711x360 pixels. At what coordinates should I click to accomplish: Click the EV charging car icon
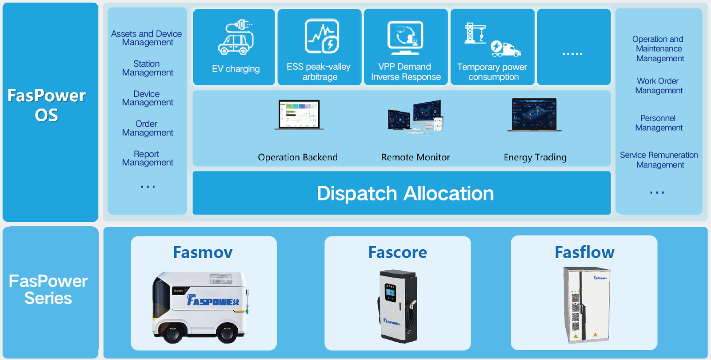236,38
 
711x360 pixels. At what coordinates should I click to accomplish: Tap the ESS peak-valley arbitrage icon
322,36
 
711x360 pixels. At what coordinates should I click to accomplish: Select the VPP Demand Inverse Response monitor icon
405,37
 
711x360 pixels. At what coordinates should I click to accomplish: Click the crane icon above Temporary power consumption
475,33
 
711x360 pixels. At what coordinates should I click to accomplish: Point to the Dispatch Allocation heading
405,193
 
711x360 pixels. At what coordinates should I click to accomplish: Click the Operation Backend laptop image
299,115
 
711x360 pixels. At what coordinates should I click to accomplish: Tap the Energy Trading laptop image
534,115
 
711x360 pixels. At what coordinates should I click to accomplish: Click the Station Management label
148,68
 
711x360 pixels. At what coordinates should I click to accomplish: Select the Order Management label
148,128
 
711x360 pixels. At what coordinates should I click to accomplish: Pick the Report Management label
148,158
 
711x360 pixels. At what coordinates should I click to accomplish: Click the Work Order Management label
659,86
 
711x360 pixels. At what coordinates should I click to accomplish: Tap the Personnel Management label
659,123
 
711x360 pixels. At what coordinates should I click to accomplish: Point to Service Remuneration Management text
659,160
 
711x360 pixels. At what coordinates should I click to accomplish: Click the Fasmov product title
203,252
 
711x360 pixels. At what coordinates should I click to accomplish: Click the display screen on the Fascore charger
390,293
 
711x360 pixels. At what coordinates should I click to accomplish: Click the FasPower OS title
47,105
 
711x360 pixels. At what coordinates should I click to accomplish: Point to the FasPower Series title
48,289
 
